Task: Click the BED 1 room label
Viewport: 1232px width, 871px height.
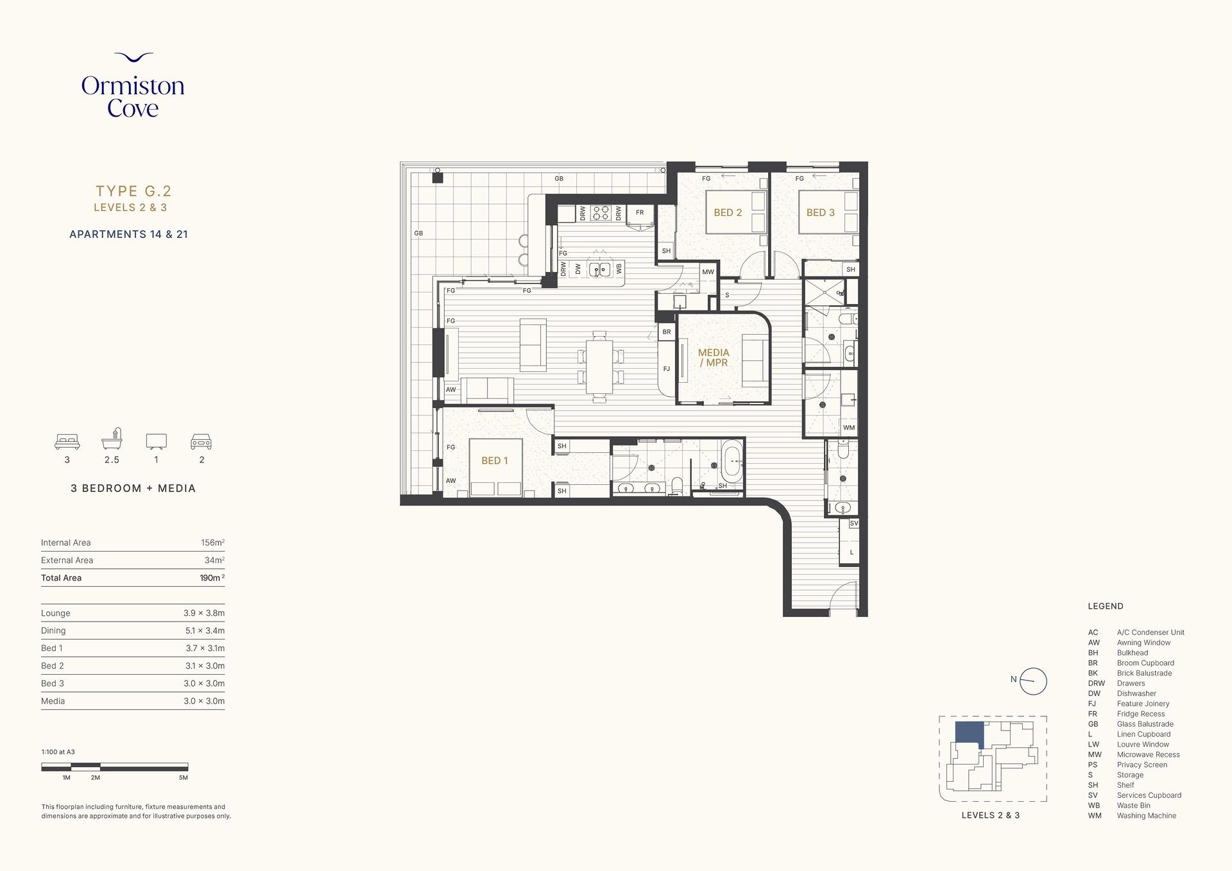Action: pos(494,461)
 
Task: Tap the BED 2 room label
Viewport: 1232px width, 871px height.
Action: pos(728,212)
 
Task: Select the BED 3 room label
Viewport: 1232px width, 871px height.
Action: pos(821,212)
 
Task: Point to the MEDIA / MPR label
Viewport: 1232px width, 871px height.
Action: pos(714,357)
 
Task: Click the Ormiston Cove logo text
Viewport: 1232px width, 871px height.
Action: pos(133,97)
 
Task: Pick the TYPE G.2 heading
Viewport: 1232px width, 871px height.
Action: pos(133,190)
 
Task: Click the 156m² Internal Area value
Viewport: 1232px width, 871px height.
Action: pos(212,543)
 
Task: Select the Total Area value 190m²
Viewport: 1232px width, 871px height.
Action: pos(212,578)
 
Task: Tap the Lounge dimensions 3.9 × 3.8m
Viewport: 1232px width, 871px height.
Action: pos(204,613)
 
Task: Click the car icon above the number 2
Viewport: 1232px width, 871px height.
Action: pos(201,441)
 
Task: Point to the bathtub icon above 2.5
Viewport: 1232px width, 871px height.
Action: pos(112,439)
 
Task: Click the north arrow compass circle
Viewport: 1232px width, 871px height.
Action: pos(1033,681)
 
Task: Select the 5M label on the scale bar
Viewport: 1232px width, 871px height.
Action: pos(184,777)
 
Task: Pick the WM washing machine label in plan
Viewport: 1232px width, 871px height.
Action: pos(849,428)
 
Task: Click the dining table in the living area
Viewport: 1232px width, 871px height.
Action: pos(599,366)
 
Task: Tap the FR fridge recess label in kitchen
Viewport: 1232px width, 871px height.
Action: pos(640,212)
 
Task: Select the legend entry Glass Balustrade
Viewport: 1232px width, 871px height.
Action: pos(1145,724)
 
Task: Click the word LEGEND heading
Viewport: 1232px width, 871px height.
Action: pos(1106,606)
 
